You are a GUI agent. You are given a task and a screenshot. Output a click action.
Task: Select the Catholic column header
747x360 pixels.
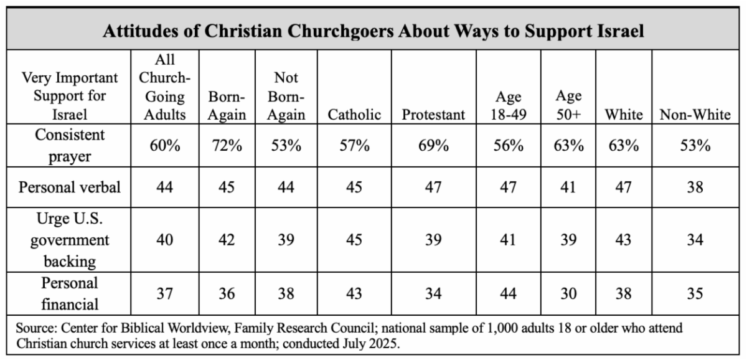click(354, 115)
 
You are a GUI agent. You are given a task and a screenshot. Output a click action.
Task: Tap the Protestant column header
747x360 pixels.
click(433, 115)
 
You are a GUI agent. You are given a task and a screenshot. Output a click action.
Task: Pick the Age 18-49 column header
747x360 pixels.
click(508, 106)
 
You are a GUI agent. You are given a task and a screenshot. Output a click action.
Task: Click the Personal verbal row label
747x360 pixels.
click(70, 187)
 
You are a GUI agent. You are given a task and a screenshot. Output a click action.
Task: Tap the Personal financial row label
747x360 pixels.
click(70, 293)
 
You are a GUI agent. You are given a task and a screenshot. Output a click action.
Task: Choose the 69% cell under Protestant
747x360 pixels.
click(433, 146)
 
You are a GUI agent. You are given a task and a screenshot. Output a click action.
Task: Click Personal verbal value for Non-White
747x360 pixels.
click(698, 187)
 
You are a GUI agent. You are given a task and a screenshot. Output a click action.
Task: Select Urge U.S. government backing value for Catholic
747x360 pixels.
click(354, 240)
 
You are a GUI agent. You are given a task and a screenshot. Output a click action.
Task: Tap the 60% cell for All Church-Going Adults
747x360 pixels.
click(165, 146)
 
